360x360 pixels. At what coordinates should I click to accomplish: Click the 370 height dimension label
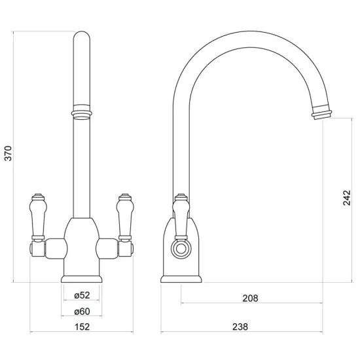[x=9, y=153]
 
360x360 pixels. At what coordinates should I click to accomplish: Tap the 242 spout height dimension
[x=347, y=198]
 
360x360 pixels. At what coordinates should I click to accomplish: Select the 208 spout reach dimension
[x=250, y=298]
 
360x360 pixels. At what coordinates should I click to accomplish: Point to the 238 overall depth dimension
[x=240, y=327]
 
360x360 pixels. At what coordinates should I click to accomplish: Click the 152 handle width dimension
[x=82, y=327]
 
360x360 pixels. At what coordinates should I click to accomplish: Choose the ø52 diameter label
[x=82, y=295]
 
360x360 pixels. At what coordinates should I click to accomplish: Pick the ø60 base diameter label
[x=82, y=312]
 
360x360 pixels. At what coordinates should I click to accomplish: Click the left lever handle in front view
[x=38, y=217]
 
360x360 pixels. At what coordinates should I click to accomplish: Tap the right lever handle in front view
[x=125, y=217]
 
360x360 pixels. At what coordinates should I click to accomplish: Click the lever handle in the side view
[x=181, y=217]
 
